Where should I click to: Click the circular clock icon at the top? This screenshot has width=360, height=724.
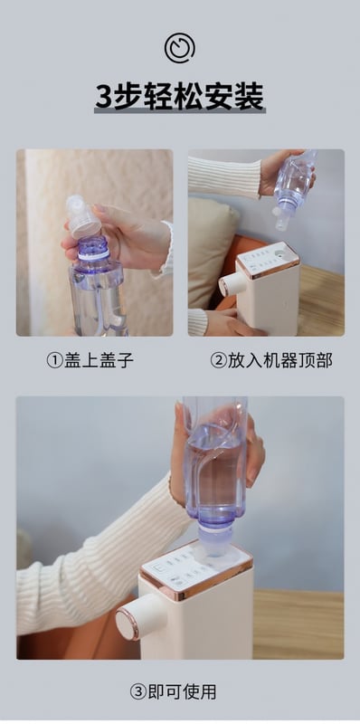click(179, 48)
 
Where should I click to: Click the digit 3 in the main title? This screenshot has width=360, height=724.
click(104, 97)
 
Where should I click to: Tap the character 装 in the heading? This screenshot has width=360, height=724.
click(250, 97)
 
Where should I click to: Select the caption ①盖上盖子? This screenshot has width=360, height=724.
click(90, 360)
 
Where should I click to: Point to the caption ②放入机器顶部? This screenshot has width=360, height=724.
click(271, 360)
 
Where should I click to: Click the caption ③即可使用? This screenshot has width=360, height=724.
click(173, 691)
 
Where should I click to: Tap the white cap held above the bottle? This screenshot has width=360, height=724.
click(83, 216)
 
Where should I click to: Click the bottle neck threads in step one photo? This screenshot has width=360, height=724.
click(94, 246)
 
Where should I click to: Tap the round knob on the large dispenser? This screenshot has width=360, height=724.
click(134, 616)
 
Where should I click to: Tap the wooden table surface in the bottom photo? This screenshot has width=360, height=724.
click(298, 624)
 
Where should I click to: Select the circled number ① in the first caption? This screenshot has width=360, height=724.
click(55, 360)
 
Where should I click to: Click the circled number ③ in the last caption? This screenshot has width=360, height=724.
click(138, 692)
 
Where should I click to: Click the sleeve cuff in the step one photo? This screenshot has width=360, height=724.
click(166, 248)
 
